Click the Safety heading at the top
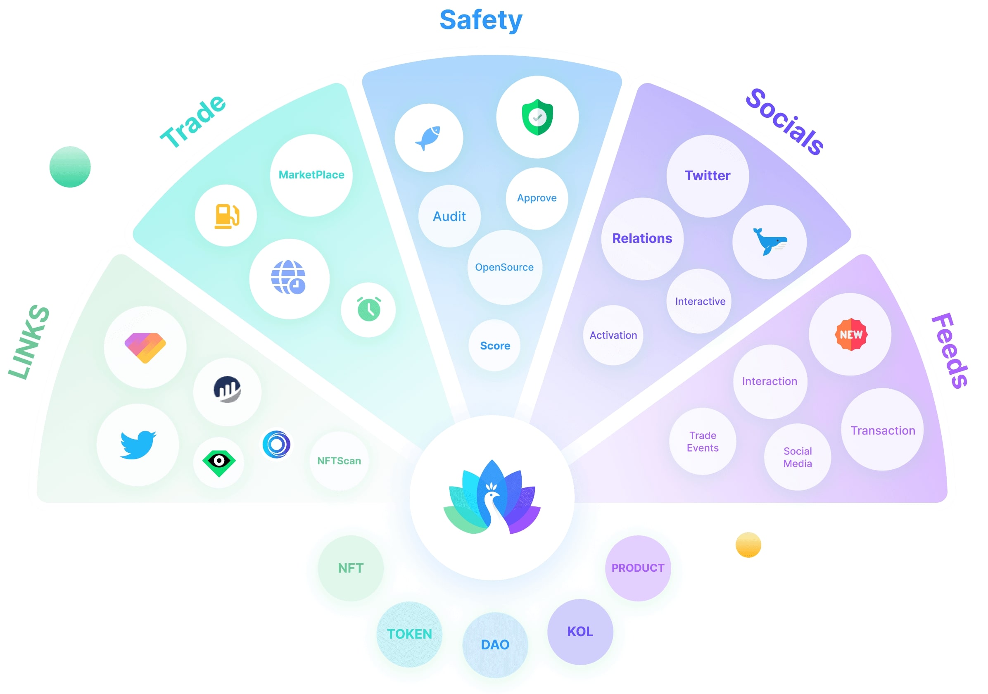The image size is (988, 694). point(481,20)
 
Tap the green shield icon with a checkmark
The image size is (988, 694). point(537,117)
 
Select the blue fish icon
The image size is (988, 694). point(429,138)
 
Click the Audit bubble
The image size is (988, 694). point(449,216)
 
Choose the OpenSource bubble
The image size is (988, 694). point(504,267)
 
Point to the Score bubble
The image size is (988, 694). point(495,345)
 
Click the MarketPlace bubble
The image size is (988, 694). point(311,175)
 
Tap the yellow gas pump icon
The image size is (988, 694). point(226,216)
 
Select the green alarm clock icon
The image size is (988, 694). point(368,309)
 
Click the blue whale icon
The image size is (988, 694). point(769,242)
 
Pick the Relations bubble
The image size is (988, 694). point(642,238)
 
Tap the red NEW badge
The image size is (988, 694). point(851,334)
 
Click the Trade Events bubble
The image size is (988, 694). point(702,442)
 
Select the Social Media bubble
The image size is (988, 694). point(797,457)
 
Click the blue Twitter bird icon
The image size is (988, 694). point(138,444)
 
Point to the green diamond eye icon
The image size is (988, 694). point(218,462)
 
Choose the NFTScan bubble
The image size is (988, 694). point(339,461)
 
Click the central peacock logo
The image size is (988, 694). point(492,497)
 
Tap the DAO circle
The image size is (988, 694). point(495,644)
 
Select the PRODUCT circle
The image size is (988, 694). point(638,568)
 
